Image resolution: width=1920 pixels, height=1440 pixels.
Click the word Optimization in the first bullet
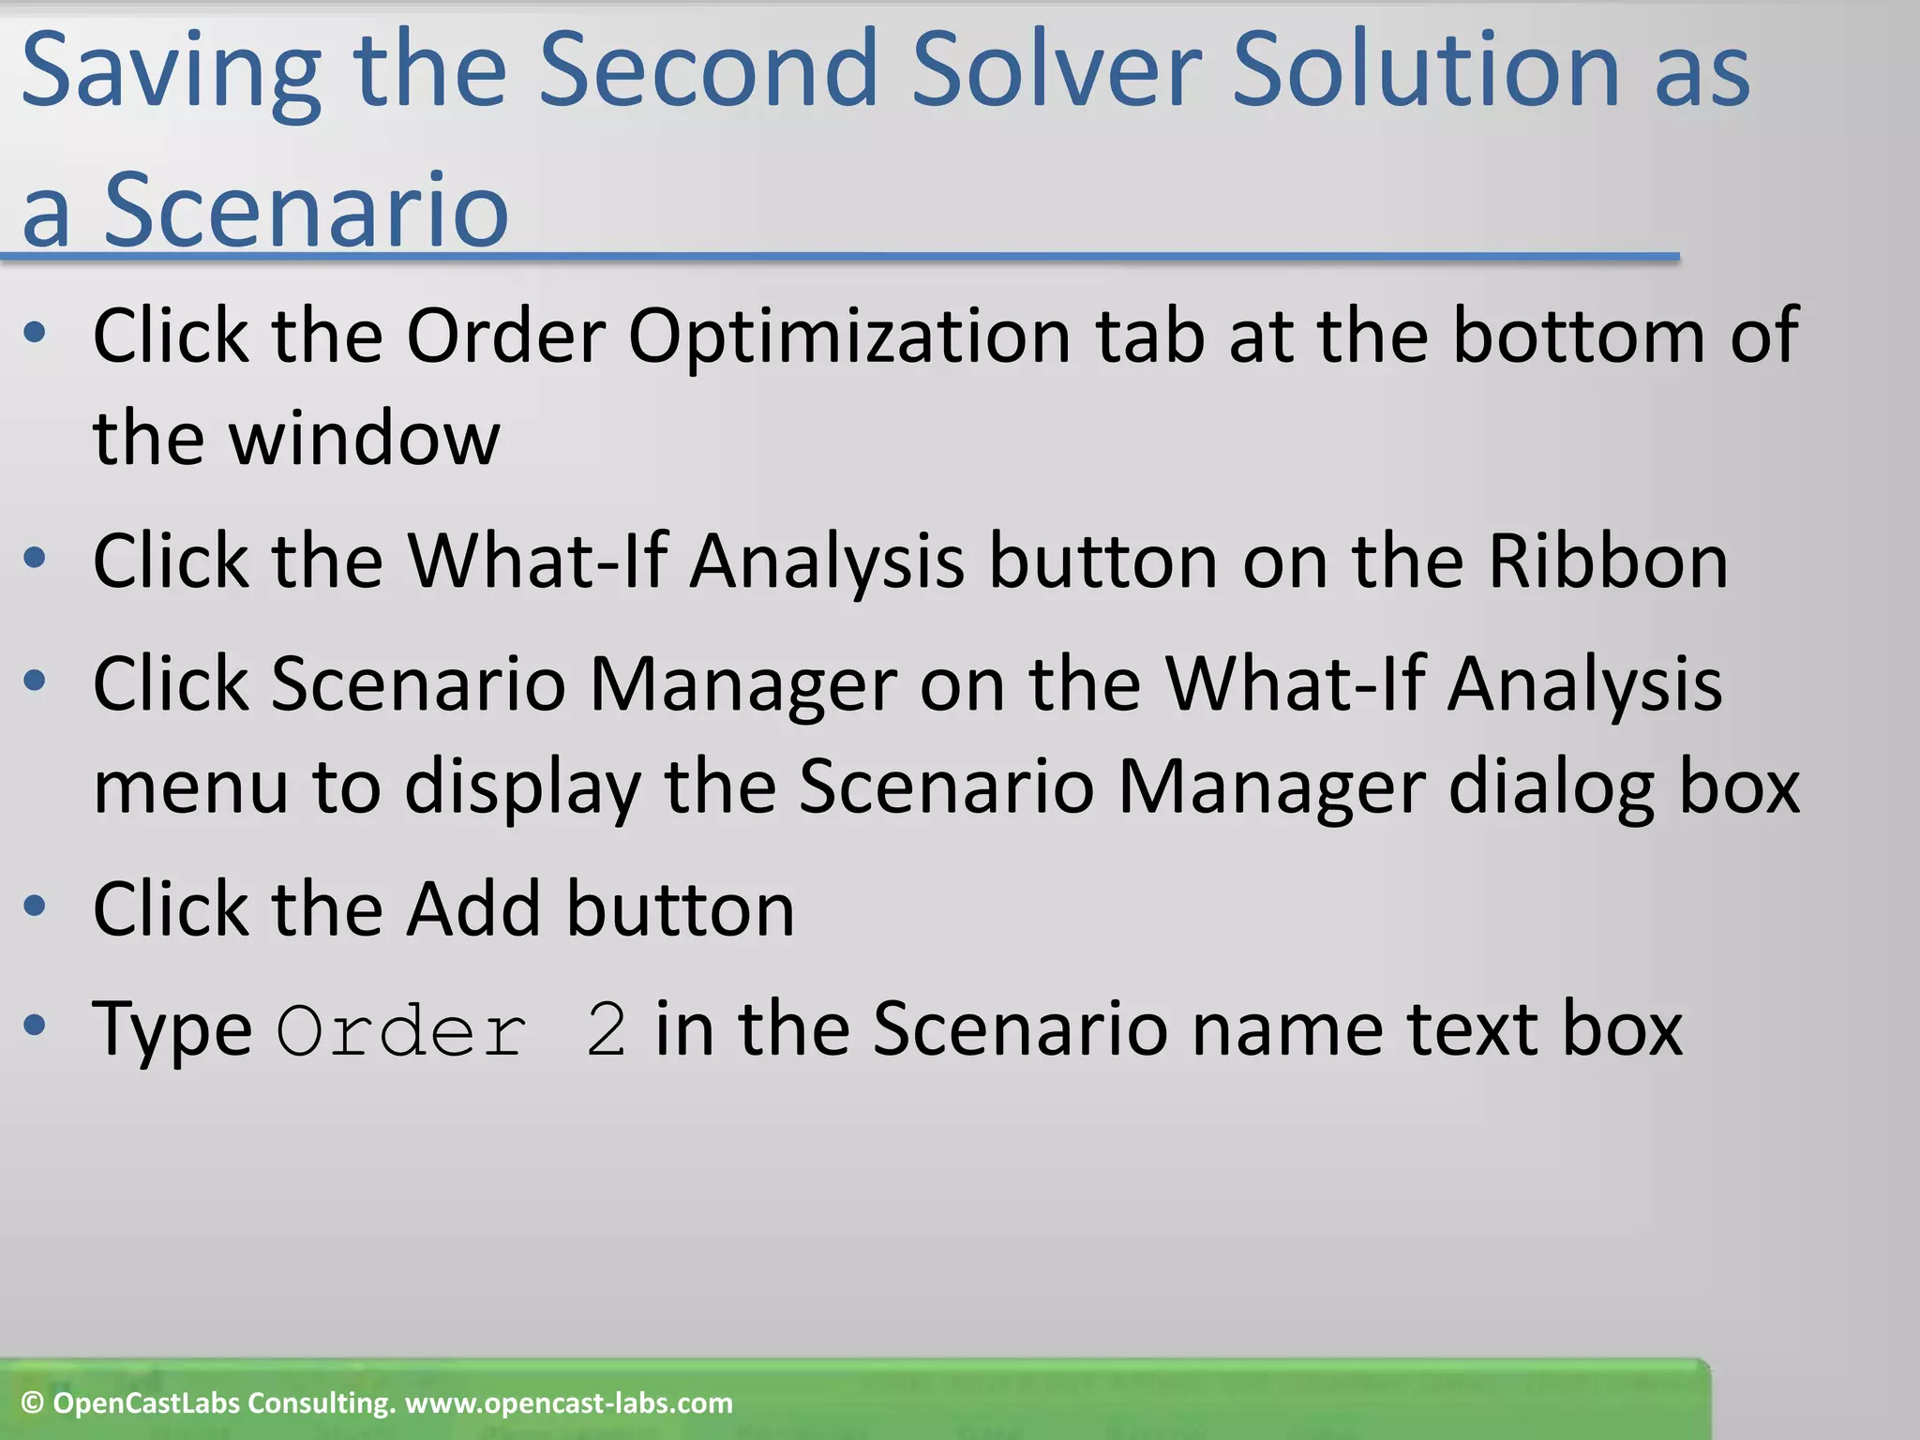tap(849, 336)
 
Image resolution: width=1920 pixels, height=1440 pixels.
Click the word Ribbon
tap(1608, 561)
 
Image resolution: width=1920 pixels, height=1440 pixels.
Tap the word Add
tap(473, 908)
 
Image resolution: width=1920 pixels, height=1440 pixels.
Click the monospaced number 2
tap(607, 1030)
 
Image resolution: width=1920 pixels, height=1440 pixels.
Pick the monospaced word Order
tap(402, 1030)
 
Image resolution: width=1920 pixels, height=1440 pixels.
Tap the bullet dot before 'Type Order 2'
tap(35, 1026)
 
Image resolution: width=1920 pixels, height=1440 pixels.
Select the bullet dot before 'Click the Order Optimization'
tap(35, 333)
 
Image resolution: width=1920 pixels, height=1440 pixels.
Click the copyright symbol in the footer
tap(32, 1403)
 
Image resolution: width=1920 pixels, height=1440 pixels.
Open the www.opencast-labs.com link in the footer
tap(568, 1403)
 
